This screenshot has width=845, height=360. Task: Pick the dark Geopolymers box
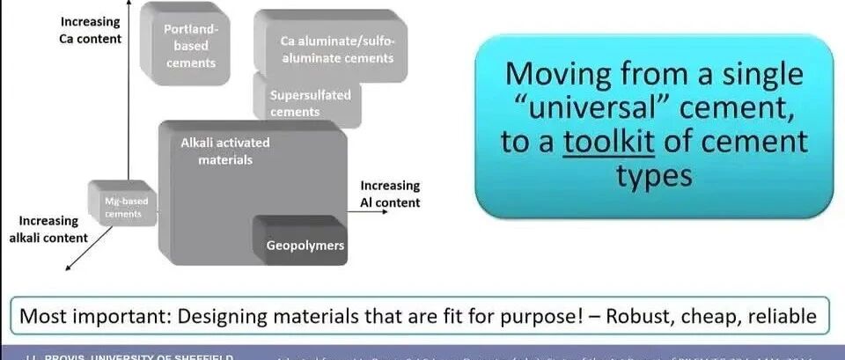[305, 245]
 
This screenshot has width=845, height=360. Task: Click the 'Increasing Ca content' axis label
[90, 29]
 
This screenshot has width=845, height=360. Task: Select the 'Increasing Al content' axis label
[390, 194]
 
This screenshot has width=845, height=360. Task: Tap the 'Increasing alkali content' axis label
[54, 229]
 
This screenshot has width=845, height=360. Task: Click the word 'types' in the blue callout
[654, 177]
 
